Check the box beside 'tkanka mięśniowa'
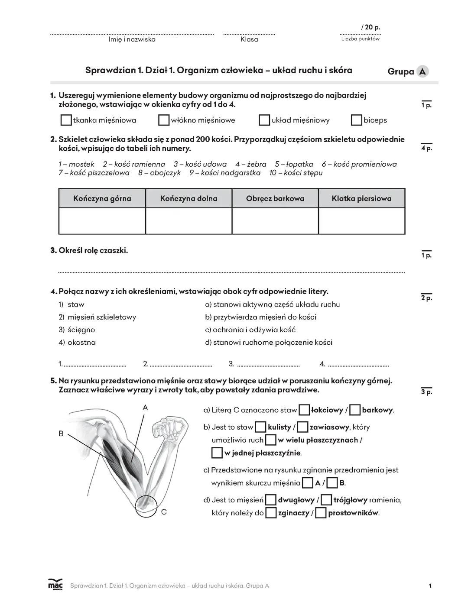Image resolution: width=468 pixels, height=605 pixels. click(x=66, y=120)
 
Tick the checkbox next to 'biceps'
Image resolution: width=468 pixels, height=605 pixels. click(x=356, y=120)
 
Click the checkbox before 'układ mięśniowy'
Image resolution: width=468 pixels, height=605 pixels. click(x=264, y=120)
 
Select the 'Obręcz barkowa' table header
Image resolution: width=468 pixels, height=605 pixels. click(x=275, y=198)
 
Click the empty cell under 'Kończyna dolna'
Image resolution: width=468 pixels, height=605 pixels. click(x=188, y=221)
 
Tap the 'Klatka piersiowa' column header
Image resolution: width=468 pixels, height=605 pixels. click(x=361, y=198)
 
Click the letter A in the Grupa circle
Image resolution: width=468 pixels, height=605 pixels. click(x=422, y=71)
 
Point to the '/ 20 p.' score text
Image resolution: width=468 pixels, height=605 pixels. click(x=370, y=27)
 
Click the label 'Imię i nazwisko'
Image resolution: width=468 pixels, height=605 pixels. click(x=132, y=39)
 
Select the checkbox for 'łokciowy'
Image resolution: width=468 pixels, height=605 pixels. click(x=305, y=410)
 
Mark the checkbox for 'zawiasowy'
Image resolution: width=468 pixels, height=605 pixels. click(x=303, y=427)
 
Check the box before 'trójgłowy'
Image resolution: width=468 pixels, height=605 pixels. click(x=326, y=500)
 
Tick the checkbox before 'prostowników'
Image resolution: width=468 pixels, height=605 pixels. click(x=321, y=513)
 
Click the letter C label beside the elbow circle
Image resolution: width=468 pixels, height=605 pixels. click(x=164, y=512)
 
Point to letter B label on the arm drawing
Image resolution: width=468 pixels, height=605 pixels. click(x=61, y=433)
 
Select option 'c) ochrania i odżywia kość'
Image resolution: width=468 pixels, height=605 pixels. click(x=250, y=330)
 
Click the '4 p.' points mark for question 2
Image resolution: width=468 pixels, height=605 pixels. click(x=426, y=148)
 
